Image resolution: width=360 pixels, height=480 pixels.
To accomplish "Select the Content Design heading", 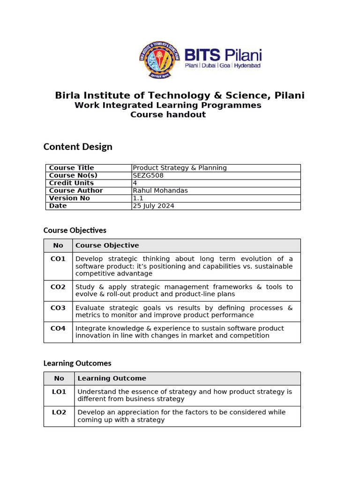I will (78, 147).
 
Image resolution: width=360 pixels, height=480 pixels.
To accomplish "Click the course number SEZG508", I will (148, 175).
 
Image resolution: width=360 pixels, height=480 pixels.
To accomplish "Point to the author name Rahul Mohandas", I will (160, 190).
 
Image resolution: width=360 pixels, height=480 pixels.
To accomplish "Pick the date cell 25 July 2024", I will (154, 206).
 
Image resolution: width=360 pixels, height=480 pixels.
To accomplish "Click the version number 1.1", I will (138, 198).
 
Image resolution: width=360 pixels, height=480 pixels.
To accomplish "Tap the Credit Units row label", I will (71, 183).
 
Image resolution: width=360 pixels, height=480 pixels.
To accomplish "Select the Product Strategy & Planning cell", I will (180, 168).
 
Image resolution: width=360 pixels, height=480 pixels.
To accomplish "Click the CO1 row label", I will (58, 259).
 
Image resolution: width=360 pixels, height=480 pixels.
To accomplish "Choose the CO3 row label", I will (58, 308).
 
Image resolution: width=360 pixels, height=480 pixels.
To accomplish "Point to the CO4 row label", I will (58, 329).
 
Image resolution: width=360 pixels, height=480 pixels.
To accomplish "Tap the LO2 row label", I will (59, 412).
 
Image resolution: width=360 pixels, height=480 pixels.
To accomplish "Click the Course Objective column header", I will (107, 245).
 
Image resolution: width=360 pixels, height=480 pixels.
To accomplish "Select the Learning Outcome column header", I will (112, 378).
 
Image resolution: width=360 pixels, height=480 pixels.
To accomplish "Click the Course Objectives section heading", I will (75, 230).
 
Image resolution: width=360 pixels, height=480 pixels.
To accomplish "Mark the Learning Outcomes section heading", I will (77, 363).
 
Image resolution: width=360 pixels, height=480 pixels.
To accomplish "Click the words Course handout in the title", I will (168, 115).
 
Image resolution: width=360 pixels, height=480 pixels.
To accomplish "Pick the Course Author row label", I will (76, 190).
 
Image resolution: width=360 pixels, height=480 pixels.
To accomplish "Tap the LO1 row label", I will (59, 391).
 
